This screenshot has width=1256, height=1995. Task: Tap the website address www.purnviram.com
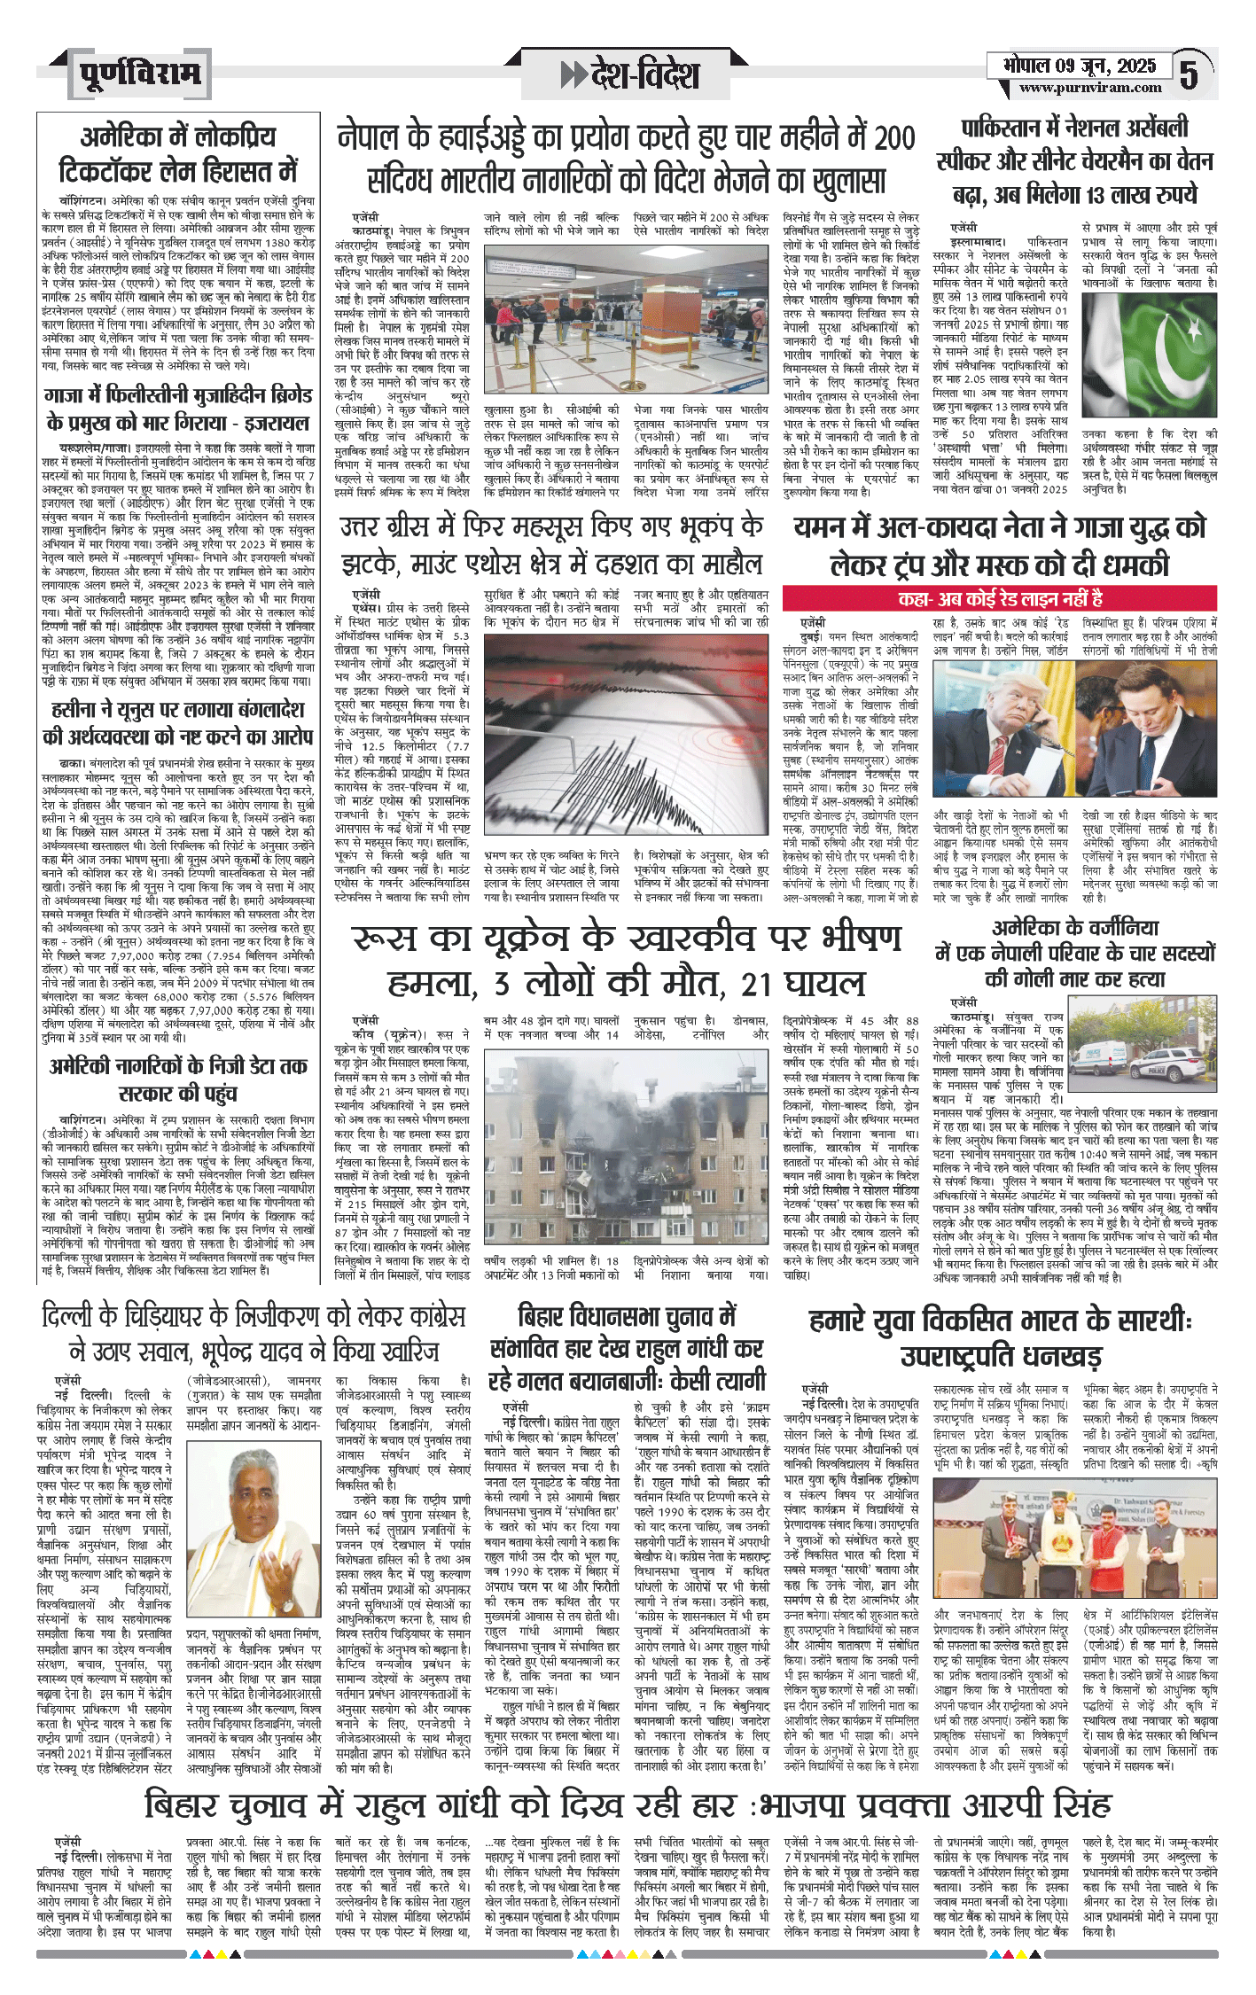(x=1089, y=88)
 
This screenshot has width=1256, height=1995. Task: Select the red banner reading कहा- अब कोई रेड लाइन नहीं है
(x=999, y=598)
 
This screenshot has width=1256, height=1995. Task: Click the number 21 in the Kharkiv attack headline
(x=756, y=983)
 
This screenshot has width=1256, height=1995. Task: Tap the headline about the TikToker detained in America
(x=177, y=152)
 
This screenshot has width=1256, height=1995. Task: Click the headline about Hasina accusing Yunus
(x=177, y=723)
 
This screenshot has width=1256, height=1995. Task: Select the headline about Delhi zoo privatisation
(x=253, y=1333)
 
